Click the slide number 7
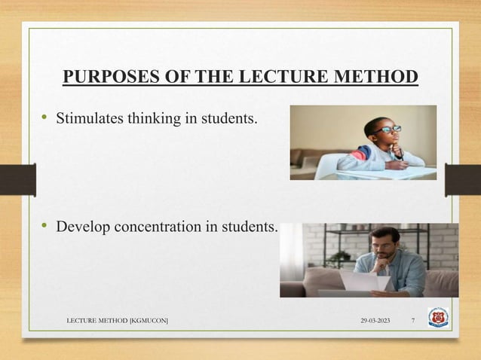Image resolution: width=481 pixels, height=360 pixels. point(413,322)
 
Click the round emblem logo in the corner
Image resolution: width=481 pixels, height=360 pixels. point(438,317)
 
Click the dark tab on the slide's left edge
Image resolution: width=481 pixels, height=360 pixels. point(17,179)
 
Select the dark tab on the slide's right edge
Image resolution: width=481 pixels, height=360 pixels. point(462,179)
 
